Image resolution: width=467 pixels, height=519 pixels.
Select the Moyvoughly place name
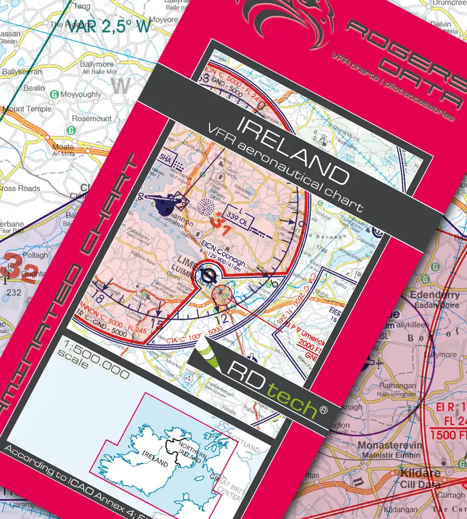click(81, 95)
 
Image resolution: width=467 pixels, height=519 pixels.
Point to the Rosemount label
click(92, 118)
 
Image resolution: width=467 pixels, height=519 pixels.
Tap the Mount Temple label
click(27, 109)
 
